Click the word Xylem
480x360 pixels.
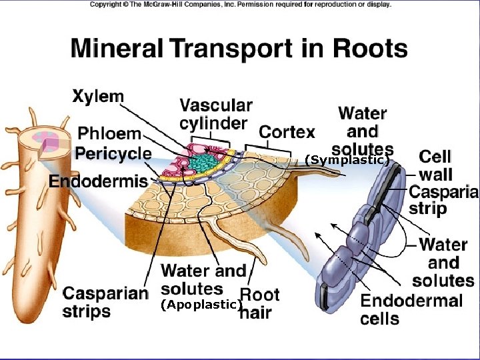tap(97, 97)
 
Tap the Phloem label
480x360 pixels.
tap(110, 134)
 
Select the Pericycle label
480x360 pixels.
tap(113, 153)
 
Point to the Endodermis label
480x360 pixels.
tap(98, 181)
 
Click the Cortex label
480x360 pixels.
tap(287, 132)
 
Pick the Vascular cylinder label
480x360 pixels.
tap(216, 114)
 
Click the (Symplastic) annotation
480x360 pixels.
tap(347, 160)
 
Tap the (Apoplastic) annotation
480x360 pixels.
tap(200, 305)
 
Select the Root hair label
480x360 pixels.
tap(259, 303)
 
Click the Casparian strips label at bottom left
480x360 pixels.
tap(105, 302)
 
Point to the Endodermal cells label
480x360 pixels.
tap(411, 309)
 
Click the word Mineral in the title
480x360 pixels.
tap(117, 49)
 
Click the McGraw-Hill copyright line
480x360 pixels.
tap(240, 5)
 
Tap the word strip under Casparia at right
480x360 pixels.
tap(427, 209)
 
